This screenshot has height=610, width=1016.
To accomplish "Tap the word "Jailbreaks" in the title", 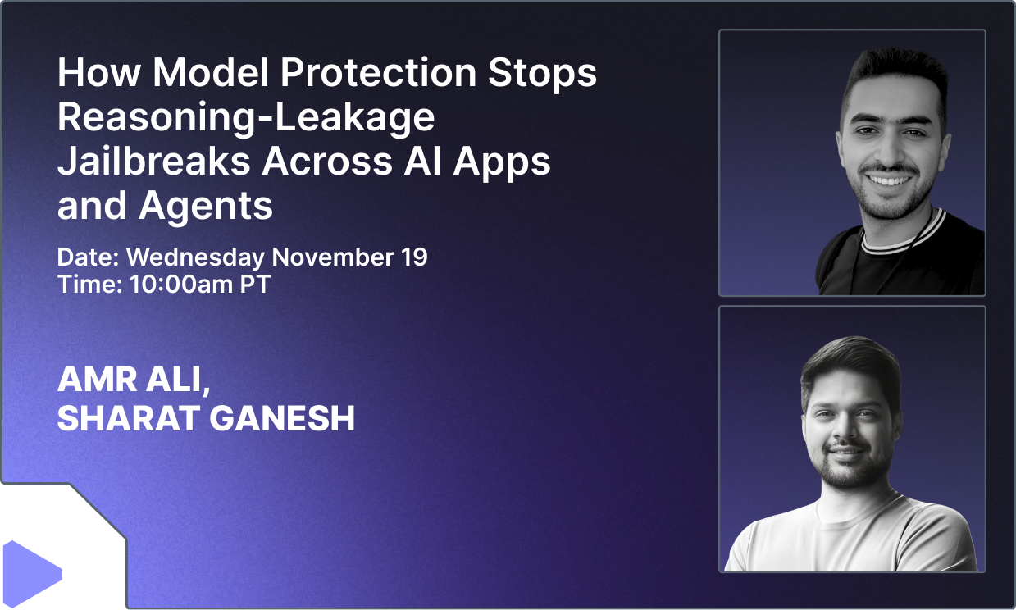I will point(153,162).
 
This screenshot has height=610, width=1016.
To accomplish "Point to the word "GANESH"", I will point(283,419).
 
